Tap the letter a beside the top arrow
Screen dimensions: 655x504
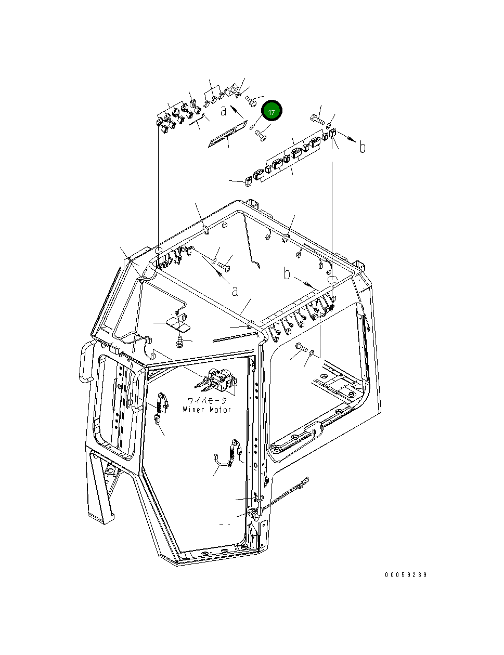223,110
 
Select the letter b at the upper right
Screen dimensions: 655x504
363,148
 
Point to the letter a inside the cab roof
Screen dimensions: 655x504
235,291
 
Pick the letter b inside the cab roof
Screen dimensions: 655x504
287,273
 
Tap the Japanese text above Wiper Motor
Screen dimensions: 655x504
208,401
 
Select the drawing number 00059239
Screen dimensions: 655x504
406,575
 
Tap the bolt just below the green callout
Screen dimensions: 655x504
260,137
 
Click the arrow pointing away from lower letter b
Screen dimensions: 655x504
304,282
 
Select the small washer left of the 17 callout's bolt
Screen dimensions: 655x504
252,126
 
